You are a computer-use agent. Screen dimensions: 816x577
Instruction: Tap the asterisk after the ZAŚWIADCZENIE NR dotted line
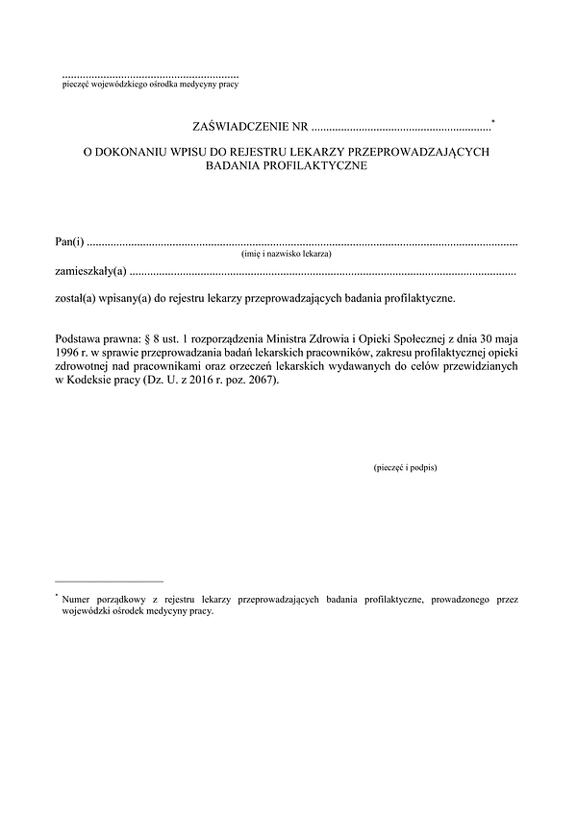pyautogui.click(x=493, y=121)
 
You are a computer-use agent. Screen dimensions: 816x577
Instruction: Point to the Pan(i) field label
pyautogui.click(x=69, y=240)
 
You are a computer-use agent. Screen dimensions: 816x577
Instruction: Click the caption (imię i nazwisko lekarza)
pyautogui.click(x=286, y=255)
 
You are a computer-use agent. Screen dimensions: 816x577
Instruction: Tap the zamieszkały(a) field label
pyautogui.click(x=90, y=272)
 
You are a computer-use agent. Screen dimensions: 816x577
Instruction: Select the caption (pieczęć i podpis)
pyautogui.click(x=404, y=467)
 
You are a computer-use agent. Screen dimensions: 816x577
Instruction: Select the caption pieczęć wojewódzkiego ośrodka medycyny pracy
pyautogui.click(x=148, y=85)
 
